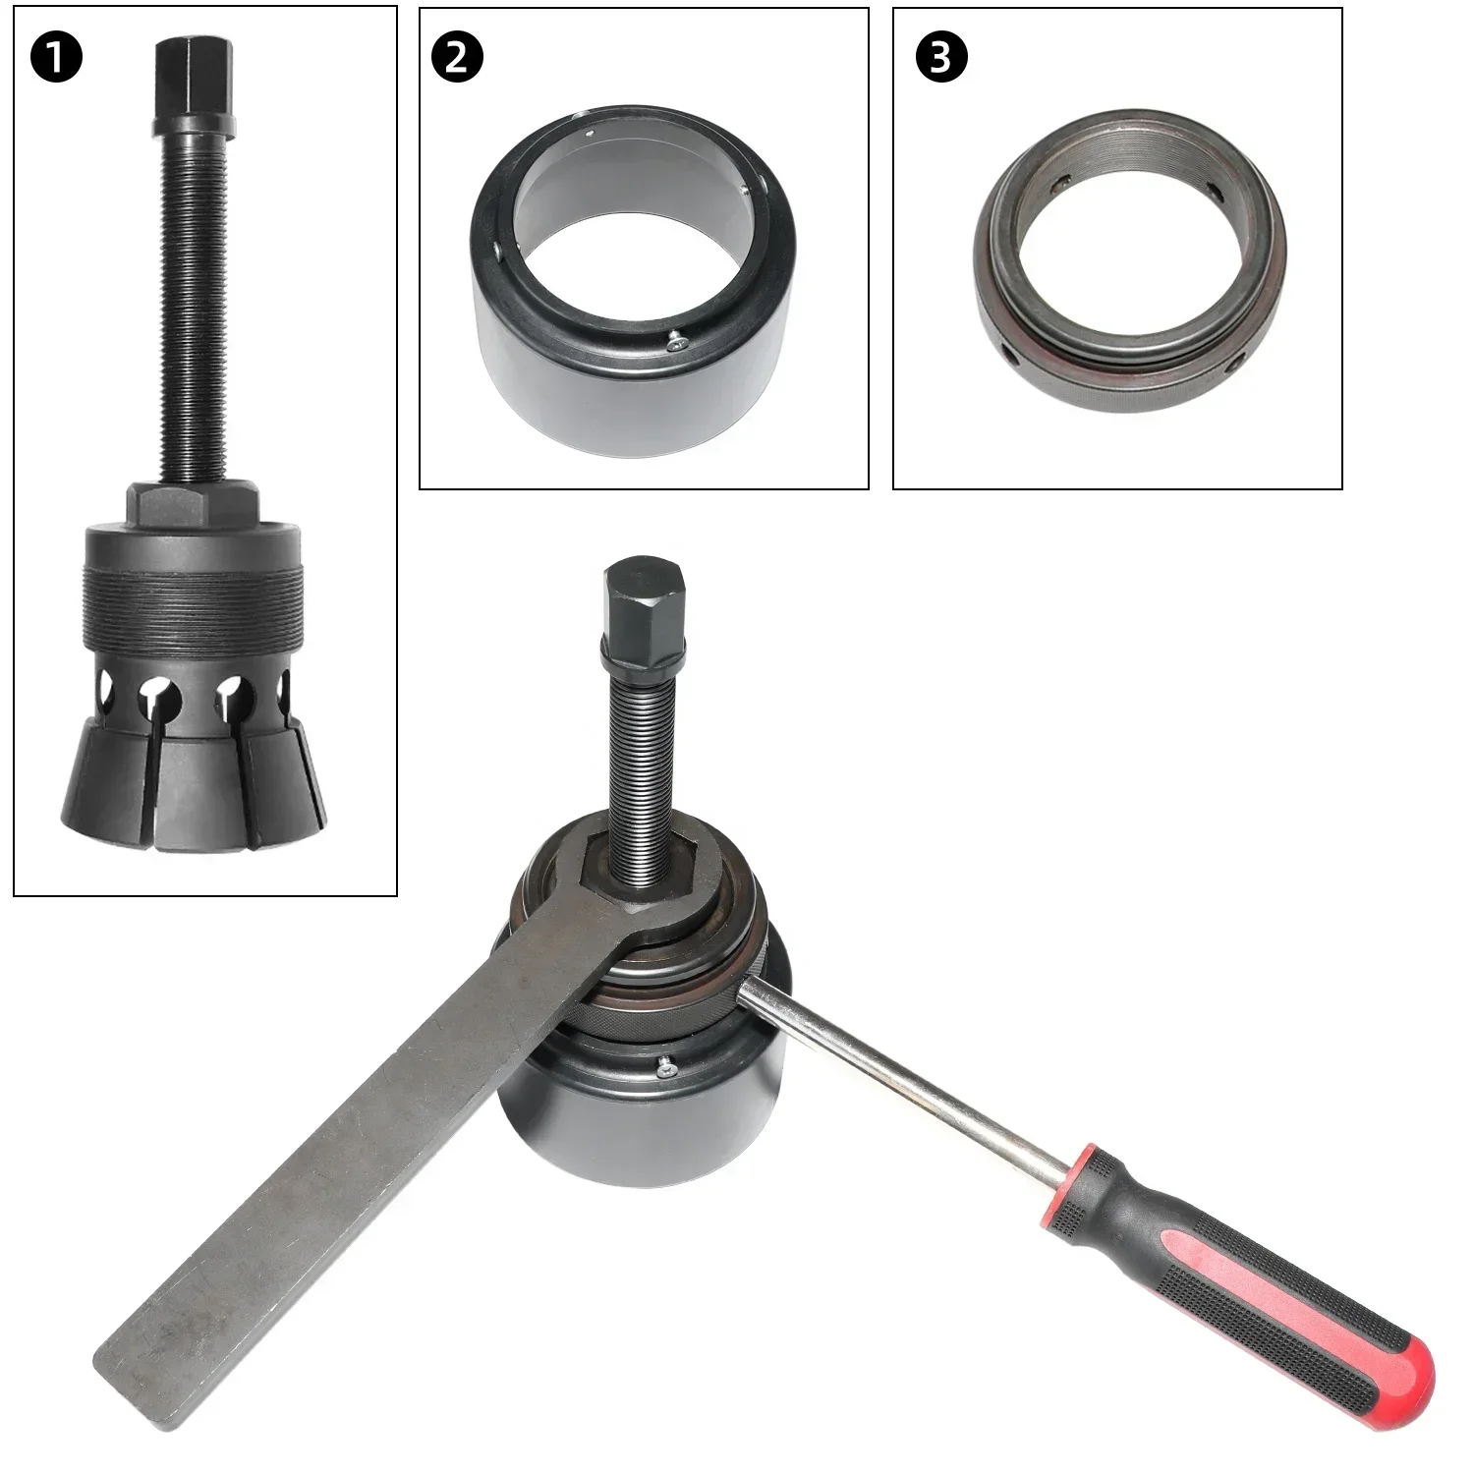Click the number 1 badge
coord(56,58)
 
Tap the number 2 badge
coord(456,58)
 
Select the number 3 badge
coord(940,58)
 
